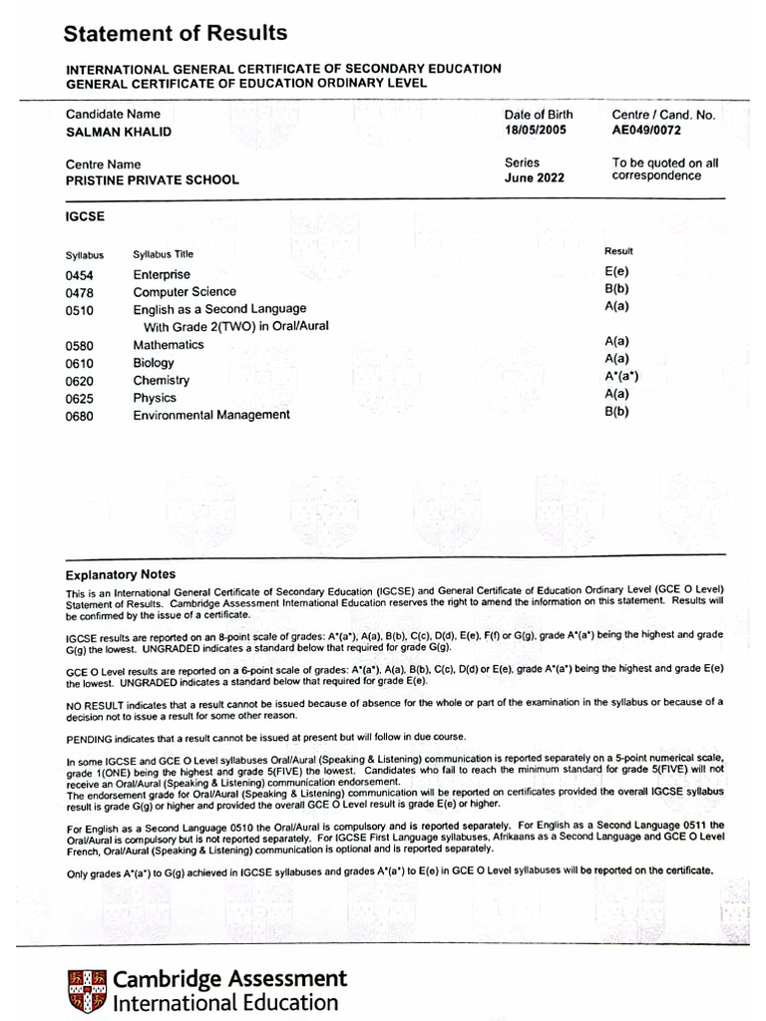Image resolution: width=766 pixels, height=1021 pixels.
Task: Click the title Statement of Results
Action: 176,34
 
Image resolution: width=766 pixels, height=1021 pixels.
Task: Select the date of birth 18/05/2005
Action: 535,131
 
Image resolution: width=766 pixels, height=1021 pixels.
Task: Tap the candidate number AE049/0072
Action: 646,131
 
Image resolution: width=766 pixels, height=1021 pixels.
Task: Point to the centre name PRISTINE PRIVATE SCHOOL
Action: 153,180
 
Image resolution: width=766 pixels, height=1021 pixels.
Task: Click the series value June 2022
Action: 535,178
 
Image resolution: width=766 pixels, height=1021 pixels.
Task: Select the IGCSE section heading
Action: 85,215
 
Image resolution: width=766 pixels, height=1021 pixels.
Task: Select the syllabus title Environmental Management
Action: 211,415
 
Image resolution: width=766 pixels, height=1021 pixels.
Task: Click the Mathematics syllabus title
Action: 169,345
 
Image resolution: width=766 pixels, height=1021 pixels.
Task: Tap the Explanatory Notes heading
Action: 121,574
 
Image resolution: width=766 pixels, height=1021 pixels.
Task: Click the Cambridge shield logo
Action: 87,988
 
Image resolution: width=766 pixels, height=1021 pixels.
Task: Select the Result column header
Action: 618,251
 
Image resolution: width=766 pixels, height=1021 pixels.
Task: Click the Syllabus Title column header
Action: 164,255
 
